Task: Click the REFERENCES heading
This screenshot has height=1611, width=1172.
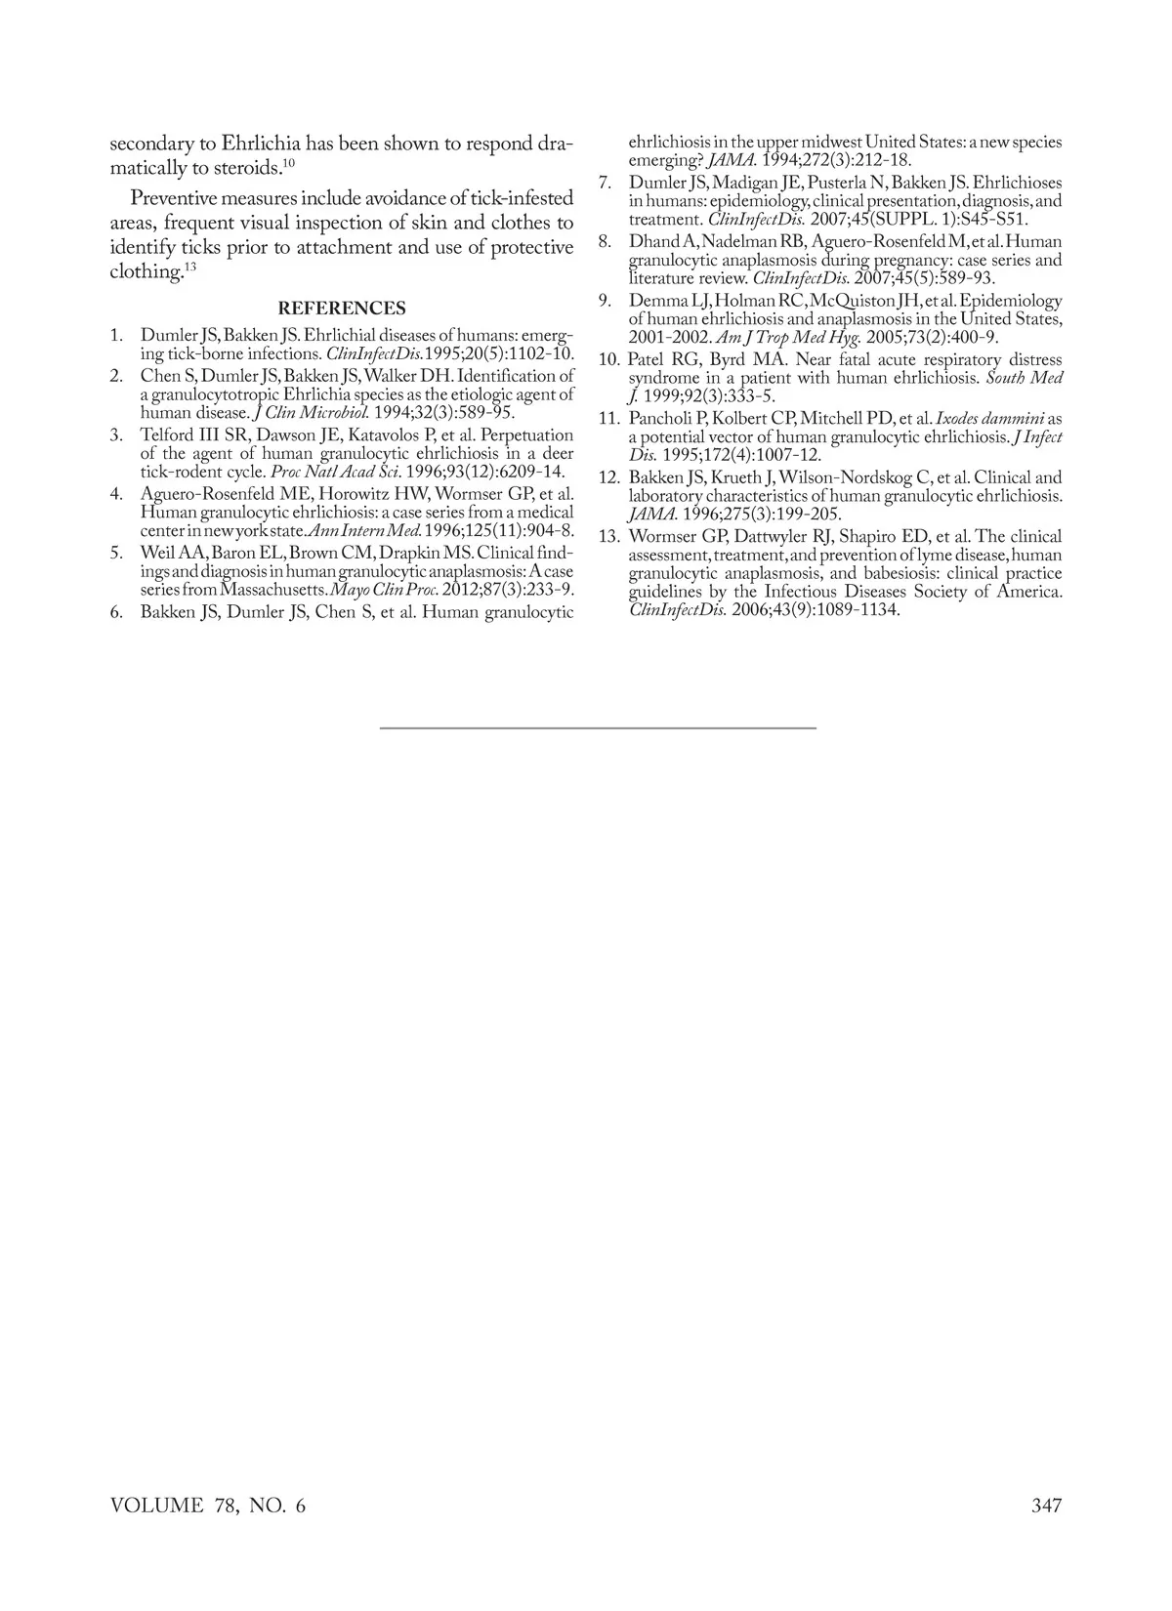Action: coord(342,309)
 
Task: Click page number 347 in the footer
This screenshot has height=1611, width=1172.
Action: coord(1046,1506)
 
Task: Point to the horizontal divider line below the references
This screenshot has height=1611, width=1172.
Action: coord(597,728)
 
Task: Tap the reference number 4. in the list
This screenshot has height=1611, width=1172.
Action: coord(117,494)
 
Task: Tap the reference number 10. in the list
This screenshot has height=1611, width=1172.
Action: coord(609,359)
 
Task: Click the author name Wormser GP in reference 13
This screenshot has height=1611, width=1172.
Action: coord(674,536)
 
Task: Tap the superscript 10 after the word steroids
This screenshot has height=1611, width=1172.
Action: coord(289,162)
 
